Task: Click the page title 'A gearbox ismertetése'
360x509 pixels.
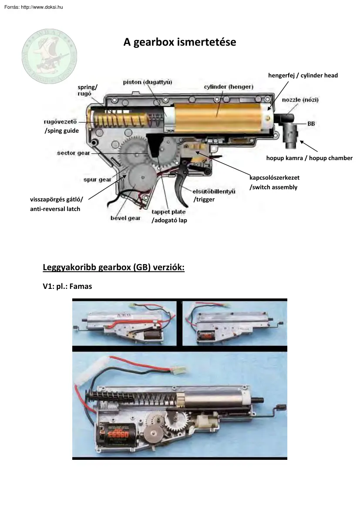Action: tap(180, 43)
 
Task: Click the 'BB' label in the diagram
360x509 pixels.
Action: tap(311, 124)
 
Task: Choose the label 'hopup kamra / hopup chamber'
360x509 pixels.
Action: tap(309, 158)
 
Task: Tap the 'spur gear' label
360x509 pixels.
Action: tap(97, 179)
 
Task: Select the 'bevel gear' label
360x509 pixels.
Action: tap(125, 218)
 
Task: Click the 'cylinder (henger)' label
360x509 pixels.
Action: tap(229, 87)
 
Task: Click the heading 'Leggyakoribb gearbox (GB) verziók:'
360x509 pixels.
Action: tap(114, 268)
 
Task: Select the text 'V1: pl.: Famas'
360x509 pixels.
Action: tap(67, 287)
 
